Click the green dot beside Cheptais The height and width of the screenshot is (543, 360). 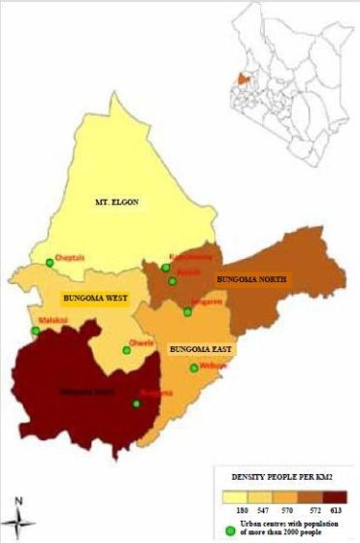pos(49,262)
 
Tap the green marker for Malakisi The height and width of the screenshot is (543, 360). pos(36,332)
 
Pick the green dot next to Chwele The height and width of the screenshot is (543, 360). pos(125,350)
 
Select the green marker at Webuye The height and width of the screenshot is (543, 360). pos(194,367)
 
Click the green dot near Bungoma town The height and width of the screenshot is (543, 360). pos(136,403)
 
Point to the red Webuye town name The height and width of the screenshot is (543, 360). pos(213,366)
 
